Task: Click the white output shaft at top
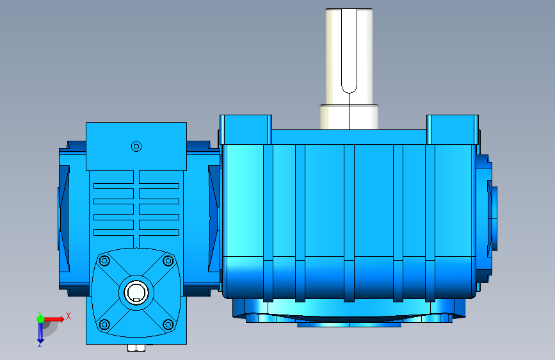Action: tap(349, 57)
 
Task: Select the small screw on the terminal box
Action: tap(136, 146)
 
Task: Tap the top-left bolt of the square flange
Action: tap(104, 261)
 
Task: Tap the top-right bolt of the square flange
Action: tap(168, 261)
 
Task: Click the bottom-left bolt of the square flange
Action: tap(104, 324)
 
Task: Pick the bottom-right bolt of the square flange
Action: tap(168, 324)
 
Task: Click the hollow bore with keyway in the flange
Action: tap(136, 293)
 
